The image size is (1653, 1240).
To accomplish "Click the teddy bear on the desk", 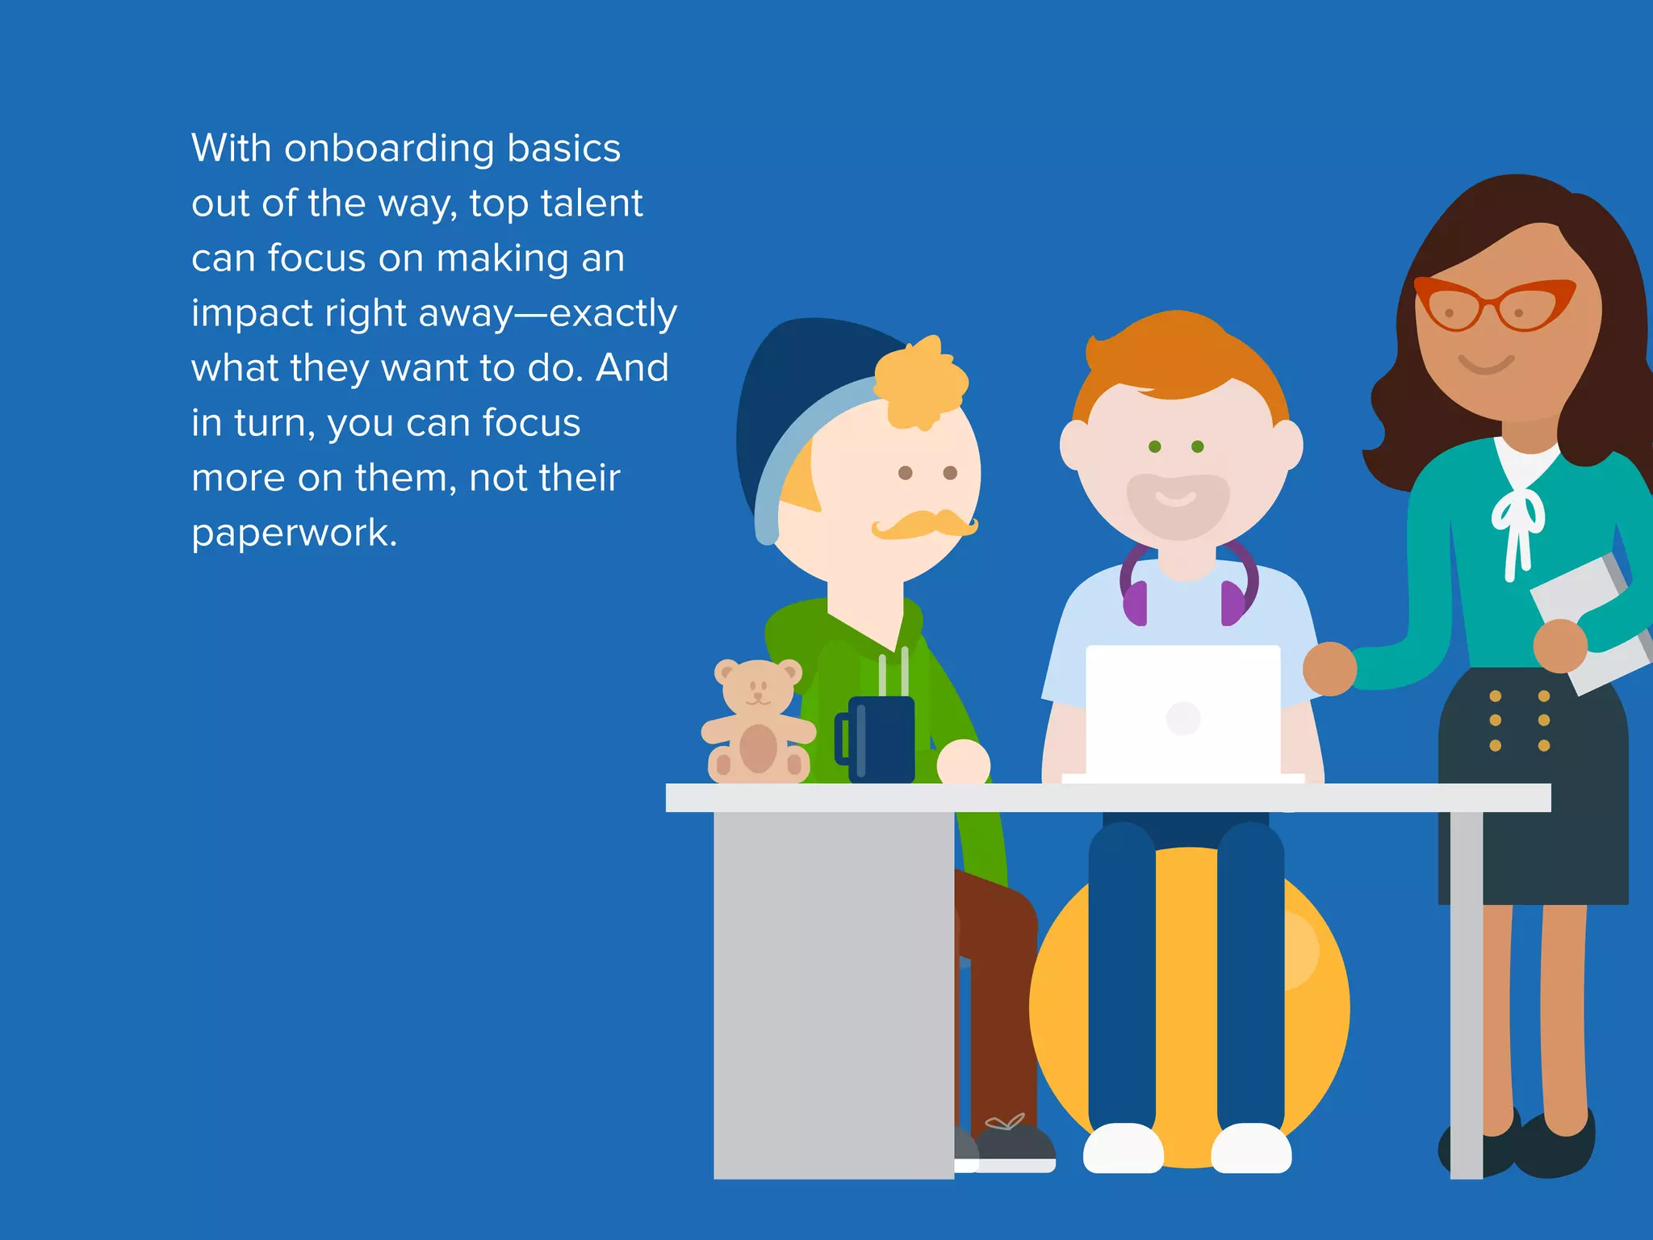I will (x=757, y=723).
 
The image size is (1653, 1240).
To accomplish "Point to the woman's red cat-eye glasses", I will (x=1493, y=304).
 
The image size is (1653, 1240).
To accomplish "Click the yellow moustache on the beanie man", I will (x=924, y=524).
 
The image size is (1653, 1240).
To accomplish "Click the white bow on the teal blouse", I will (x=1517, y=525).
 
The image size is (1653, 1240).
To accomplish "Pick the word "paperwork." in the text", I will (x=295, y=533).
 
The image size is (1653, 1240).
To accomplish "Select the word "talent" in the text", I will (x=592, y=203).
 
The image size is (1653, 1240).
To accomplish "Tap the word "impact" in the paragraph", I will (x=251, y=314).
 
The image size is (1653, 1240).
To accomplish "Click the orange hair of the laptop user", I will (x=1178, y=355).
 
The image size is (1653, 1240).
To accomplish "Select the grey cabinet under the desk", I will (x=833, y=993).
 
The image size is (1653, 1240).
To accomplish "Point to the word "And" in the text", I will (x=632, y=368).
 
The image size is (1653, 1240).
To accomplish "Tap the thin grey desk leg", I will (x=1466, y=993).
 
